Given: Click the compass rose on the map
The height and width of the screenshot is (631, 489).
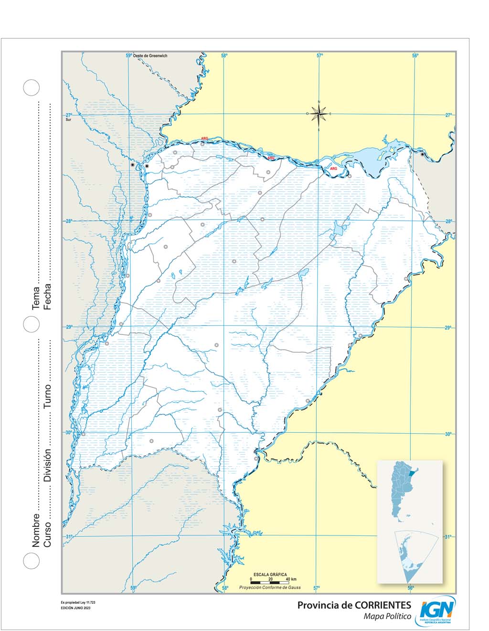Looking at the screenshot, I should (319, 114).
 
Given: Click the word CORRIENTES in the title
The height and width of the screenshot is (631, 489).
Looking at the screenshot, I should (383, 605).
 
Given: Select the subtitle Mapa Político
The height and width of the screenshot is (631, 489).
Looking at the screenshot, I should (387, 617).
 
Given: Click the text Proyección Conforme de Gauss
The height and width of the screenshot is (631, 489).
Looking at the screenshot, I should (270, 588).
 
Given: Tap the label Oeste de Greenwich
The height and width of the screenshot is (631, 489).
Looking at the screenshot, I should (150, 56).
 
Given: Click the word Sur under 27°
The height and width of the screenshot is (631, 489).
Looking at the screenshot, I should (69, 120).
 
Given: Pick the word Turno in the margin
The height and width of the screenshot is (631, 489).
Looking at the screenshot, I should (47, 396).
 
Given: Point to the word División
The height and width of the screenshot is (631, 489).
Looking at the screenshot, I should (47, 465).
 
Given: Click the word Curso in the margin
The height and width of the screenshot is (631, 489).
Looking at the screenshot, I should (47, 534).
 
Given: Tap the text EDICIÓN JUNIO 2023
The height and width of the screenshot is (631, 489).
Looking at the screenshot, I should (75, 608).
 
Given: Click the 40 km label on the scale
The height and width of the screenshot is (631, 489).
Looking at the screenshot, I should (291, 579).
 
